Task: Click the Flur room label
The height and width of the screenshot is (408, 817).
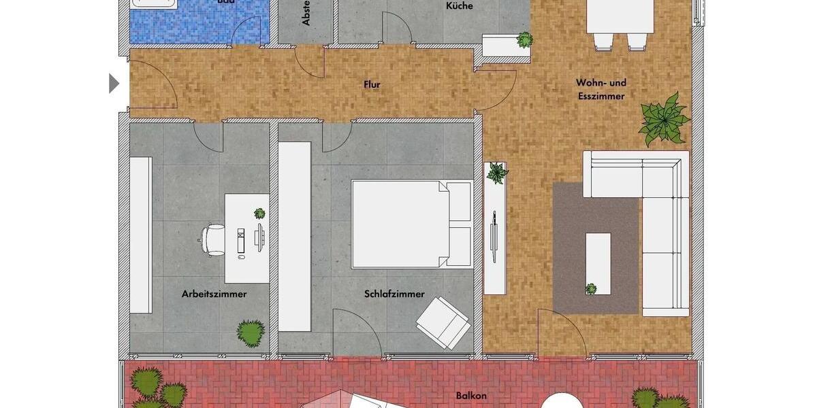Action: [x=372, y=85]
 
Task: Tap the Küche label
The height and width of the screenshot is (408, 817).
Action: [x=460, y=6]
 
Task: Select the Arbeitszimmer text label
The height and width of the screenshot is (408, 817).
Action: [x=214, y=294]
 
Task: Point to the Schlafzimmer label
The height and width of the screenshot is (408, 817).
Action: [x=394, y=294]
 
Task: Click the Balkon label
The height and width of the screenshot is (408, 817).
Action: [x=471, y=395]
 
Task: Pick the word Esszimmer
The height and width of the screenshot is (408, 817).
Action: [x=601, y=97]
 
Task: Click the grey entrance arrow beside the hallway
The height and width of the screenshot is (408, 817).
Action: [x=114, y=84]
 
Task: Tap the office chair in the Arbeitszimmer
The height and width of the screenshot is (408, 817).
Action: [x=213, y=239]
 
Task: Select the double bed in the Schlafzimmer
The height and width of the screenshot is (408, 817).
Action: [x=411, y=224]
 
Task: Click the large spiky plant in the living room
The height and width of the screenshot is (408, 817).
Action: [x=663, y=120]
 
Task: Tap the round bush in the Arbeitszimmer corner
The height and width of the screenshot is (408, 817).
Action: [x=251, y=333]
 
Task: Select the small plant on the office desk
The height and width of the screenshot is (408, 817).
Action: [x=259, y=213]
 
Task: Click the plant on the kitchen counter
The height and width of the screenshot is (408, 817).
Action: [x=524, y=40]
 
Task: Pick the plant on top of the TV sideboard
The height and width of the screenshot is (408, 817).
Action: [x=497, y=172]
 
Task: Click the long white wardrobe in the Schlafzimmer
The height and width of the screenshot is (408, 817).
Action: [x=295, y=236]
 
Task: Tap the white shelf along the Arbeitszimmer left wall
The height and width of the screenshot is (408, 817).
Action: [x=141, y=235]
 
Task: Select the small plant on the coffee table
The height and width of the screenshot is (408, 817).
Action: [x=591, y=288]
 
